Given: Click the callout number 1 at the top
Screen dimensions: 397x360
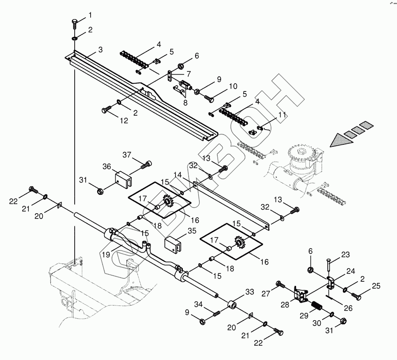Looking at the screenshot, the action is point(90,15).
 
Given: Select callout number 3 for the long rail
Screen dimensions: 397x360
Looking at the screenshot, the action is point(100,50).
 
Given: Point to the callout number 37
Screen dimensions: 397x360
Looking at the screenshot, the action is point(127,155).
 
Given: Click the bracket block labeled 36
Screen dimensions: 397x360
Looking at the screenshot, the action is point(124,179).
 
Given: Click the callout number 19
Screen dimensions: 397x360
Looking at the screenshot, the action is point(106,255).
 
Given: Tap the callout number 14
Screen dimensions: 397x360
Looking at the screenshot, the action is point(178,175).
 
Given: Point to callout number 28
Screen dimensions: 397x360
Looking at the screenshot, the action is point(285,305).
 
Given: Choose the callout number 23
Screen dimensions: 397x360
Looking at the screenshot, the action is point(345,255).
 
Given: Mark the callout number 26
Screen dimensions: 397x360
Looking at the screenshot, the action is point(348,308).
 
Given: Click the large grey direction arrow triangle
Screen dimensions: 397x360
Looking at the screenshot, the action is point(341,140).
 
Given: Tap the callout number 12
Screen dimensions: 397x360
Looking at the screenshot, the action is point(124,121).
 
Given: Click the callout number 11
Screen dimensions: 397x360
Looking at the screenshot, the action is point(282,115).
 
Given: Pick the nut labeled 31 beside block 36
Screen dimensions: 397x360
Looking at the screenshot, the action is point(100,191).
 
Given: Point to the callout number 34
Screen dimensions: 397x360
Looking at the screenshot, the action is point(198,304).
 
